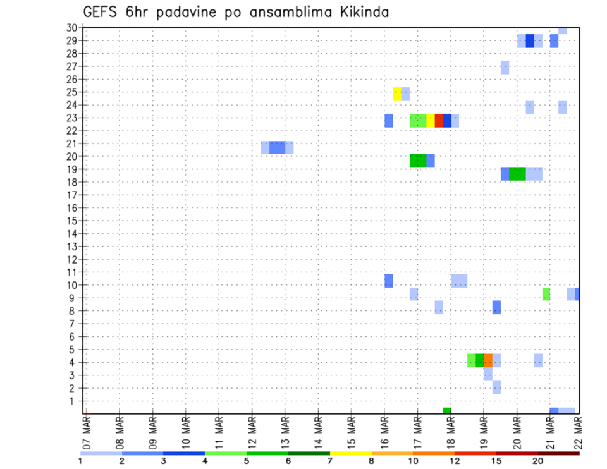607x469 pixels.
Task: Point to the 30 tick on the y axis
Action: pos(71,28)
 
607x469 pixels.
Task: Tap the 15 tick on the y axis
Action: pos(71,221)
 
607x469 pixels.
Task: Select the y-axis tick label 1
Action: pos(73,401)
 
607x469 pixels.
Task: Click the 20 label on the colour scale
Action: pos(537,460)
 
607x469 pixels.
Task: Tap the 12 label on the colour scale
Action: pos(455,460)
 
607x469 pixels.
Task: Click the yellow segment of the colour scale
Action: pos(350,453)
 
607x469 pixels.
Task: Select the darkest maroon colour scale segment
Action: pos(558,453)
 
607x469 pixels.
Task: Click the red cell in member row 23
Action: pos(439,121)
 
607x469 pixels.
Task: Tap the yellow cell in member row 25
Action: pos(397,94)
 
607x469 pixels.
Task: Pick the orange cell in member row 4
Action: pos(488,360)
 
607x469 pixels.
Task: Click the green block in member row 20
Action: pos(417,161)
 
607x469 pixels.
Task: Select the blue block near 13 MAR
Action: pos(277,148)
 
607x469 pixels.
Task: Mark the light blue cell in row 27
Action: pos(505,68)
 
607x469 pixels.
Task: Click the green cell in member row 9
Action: pos(546,294)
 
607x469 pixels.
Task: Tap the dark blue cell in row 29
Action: pos(530,41)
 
